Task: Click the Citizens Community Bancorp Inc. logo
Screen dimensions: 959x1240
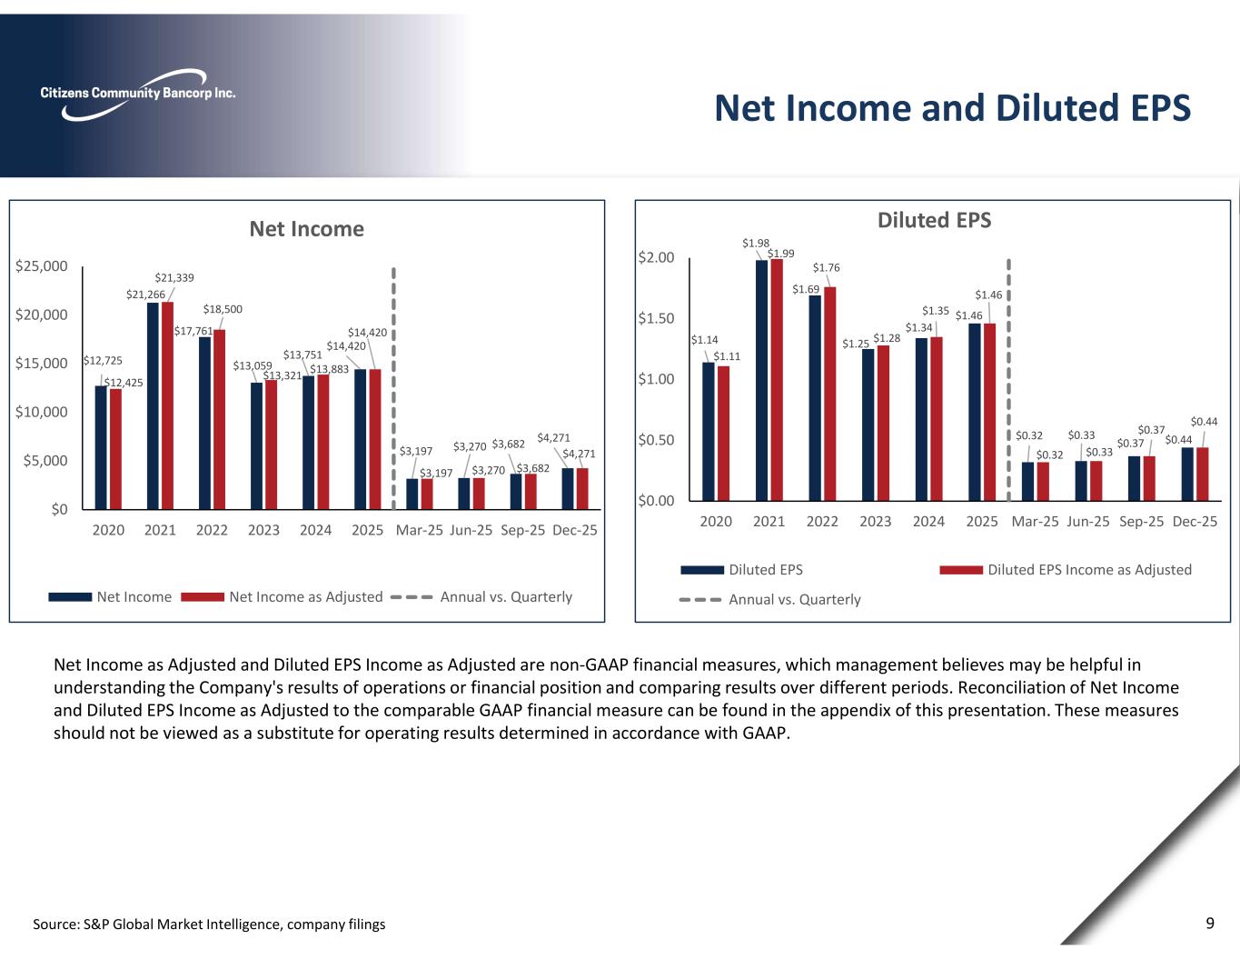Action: coord(137,94)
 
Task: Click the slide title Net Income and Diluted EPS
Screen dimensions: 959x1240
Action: coord(951,107)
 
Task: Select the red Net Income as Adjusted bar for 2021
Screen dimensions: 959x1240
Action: coord(167,405)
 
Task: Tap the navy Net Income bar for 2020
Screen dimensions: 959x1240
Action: coord(101,447)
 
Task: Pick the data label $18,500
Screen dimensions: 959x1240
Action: coord(223,310)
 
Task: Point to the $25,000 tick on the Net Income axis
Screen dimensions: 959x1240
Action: coord(42,266)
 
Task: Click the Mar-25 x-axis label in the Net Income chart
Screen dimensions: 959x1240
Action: coord(419,530)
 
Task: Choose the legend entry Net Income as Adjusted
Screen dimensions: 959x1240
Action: coord(305,597)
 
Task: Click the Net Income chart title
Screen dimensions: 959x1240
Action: coord(306,229)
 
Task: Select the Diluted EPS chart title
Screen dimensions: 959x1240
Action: coord(934,220)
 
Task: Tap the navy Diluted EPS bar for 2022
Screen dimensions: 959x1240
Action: coord(815,397)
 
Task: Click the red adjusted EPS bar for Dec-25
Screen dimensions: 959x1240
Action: coord(1203,474)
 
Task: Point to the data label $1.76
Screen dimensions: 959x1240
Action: coord(826,268)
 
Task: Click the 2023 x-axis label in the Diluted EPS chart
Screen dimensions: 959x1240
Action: coord(875,522)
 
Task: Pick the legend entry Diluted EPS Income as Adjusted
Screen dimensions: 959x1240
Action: coord(1089,570)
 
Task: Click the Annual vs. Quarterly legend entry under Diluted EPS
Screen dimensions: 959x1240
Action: coord(794,600)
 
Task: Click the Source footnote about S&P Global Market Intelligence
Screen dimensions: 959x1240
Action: coord(209,924)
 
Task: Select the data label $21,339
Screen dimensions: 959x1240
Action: coord(174,278)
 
